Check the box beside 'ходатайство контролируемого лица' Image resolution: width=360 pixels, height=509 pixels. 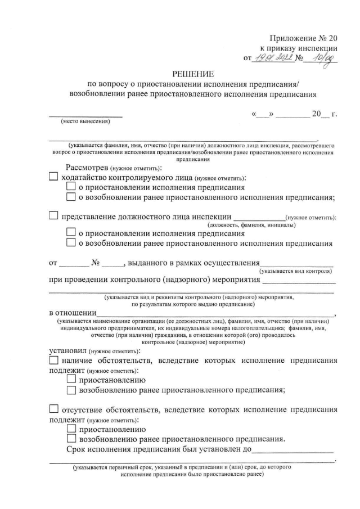point(53,177)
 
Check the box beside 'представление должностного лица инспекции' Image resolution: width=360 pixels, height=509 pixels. point(53,215)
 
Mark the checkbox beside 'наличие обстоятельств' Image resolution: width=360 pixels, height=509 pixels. point(53,361)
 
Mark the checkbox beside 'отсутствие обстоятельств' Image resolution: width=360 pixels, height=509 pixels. point(53,409)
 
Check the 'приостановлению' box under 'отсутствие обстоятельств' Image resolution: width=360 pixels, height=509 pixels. point(71,429)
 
